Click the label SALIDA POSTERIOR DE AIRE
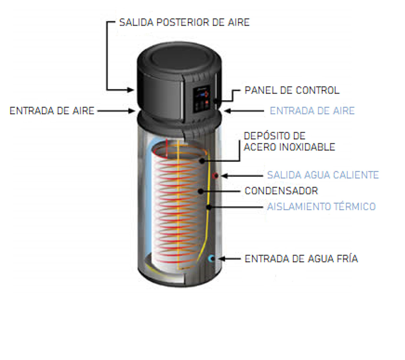coord(184,23)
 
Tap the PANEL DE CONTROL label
coord(292,90)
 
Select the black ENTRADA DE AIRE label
coord(52,111)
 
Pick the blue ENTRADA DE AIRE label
coord(312,111)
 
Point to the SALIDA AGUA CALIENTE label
coord(323,175)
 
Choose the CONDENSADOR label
coord(281,191)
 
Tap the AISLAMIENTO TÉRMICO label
coord(321,206)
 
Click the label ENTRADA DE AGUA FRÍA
coord(301,259)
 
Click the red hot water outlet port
coord(216,175)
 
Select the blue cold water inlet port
coord(212,258)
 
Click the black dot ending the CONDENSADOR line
coord(201,191)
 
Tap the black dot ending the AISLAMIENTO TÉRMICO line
coord(209,207)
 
